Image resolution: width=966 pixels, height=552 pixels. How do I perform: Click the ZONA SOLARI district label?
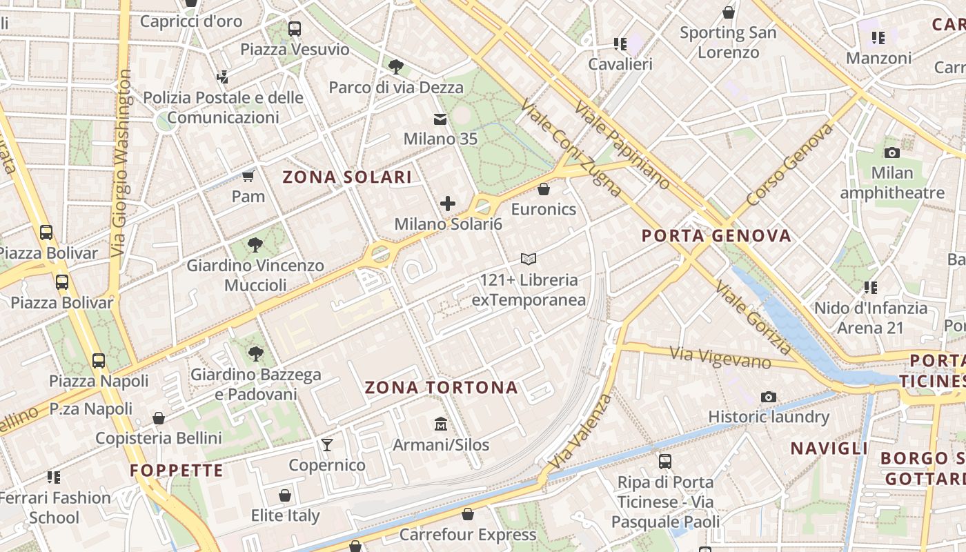tap(347, 177)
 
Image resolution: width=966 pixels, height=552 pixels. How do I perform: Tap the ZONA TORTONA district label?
tap(441, 388)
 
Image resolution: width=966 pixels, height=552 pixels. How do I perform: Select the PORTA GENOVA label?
tap(716, 236)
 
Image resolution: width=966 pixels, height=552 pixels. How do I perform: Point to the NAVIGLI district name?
tap(829, 448)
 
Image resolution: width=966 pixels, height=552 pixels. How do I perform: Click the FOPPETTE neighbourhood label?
tap(177, 471)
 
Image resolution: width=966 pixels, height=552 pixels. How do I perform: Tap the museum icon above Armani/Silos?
tap(440, 424)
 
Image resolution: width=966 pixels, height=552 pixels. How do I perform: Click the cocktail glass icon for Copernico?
tap(327, 444)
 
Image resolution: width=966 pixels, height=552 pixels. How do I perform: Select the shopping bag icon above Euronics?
tap(544, 188)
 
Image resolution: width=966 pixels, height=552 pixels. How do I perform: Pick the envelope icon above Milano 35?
tap(440, 119)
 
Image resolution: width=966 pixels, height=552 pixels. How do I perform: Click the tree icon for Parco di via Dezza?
tap(396, 67)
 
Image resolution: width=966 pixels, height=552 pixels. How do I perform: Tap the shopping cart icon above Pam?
tap(248, 176)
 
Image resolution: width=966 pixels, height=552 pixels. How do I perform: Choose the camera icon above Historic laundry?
tap(768, 397)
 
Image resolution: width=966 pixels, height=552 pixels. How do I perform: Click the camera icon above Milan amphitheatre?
tap(891, 152)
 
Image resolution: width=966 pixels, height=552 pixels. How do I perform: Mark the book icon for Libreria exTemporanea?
tap(529, 259)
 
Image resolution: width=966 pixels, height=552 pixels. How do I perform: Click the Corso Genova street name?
tap(789, 166)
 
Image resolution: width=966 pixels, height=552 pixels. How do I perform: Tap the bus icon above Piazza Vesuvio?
tap(295, 29)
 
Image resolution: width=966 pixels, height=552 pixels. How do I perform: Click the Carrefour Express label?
tap(468, 535)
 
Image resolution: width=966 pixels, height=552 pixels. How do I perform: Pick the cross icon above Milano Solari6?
tap(448, 204)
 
